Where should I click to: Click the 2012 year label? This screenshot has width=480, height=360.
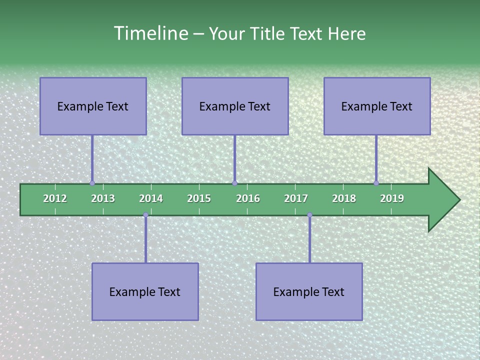click(x=55, y=198)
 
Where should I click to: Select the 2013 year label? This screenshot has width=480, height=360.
click(x=103, y=198)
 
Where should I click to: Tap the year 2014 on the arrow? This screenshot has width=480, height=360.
click(x=151, y=198)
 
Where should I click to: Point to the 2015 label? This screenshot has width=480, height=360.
click(x=199, y=198)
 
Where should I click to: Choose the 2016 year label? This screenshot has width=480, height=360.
click(x=248, y=198)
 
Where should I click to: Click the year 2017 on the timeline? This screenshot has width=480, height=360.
click(x=296, y=198)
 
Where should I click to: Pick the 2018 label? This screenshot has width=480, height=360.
click(x=344, y=198)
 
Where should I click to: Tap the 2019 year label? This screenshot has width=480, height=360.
click(x=392, y=198)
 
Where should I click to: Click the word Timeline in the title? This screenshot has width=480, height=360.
click(x=150, y=33)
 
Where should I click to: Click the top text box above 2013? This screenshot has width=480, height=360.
click(x=93, y=106)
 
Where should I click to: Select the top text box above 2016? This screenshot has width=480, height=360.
click(x=235, y=106)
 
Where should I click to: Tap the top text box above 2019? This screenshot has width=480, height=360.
click(x=377, y=106)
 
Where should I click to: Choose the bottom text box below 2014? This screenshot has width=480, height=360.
click(x=145, y=291)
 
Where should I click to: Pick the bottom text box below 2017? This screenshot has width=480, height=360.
click(x=309, y=291)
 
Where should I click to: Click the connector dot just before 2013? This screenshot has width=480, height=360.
click(x=92, y=183)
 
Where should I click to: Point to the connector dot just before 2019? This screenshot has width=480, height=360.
click(x=376, y=183)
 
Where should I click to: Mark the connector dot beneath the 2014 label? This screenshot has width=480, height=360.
click(x=145, y=215)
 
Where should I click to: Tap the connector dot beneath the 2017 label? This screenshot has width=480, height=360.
click(x=309, y=215)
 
